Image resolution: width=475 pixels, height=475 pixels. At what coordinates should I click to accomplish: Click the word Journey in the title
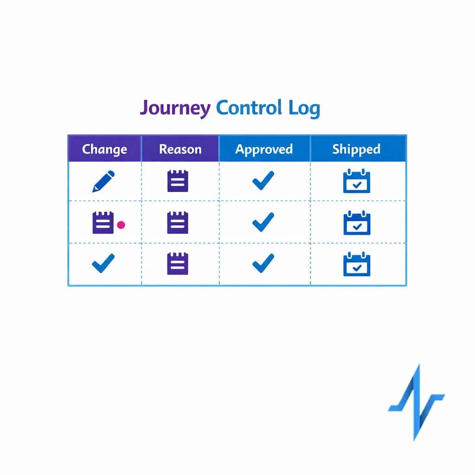[175, 108]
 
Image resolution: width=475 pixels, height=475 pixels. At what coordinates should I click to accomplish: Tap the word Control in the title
[249, 108]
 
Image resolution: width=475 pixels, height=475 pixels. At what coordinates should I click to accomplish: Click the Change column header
[104, 149]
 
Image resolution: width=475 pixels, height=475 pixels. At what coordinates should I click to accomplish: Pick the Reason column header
[180, 149]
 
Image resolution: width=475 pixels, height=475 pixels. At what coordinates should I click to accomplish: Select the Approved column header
[264, 149]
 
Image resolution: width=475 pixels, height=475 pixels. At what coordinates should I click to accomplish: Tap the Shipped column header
[356, 149]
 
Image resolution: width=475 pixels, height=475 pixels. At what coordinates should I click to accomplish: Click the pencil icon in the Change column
[103, 181]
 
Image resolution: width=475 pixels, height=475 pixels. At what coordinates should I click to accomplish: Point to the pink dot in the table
[121, 225]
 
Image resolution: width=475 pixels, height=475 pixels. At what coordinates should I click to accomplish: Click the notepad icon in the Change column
[103, 223]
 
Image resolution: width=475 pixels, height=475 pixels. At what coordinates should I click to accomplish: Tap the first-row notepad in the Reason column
[178, 181]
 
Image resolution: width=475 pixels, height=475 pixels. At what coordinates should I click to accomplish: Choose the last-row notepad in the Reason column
[178, 263]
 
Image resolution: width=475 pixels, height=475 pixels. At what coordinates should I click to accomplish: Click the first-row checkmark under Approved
[263, 180]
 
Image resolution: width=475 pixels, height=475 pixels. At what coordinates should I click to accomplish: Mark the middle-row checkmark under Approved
[263, 222]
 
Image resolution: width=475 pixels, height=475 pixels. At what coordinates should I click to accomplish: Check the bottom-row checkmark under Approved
[263, 263]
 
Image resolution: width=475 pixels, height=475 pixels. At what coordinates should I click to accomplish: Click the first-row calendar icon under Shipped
[357, 181]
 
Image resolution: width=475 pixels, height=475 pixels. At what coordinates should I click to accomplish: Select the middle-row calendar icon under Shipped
[357, 223]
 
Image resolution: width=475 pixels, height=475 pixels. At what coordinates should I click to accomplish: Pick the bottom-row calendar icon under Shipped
[357, 264]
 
